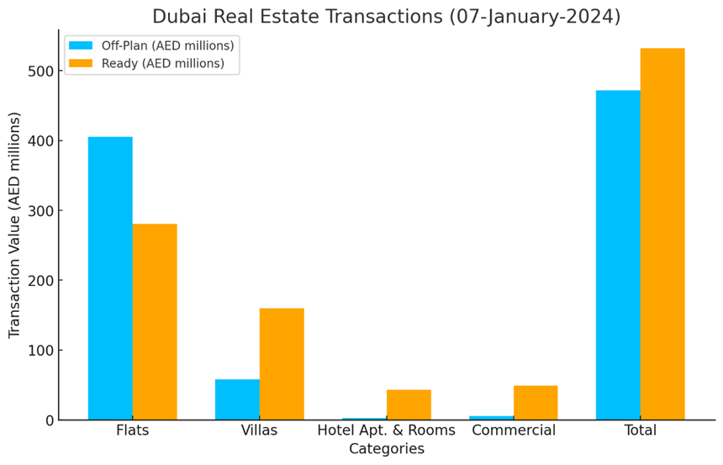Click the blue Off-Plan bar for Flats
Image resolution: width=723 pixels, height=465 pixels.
(x=110, y=277)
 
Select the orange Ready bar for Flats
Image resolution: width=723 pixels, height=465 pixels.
(x=155, y=321)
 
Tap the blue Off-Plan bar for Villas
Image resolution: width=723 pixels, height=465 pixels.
(x=237, y=399)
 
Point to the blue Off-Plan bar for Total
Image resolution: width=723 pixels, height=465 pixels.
(x=618, y=255)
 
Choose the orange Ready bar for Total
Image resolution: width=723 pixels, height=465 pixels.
(x=662, y=234)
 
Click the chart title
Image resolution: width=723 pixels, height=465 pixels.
(x=386, y=17)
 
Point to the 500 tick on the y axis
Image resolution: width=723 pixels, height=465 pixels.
(x=39, y=71)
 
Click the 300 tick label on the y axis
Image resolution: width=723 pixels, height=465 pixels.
(x=39, y=211)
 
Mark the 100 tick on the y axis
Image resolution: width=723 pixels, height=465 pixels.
(x=39, y=351)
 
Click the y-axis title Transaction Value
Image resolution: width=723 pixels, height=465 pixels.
(x=14, y=225)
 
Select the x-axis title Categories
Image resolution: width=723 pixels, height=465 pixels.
(x=386, y=450)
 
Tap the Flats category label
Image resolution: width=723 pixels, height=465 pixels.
(x=133, y=431)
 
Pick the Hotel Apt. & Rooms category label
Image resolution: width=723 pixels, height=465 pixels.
(x=386, y=431)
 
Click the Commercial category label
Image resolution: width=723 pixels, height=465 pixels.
(x=514, y=431)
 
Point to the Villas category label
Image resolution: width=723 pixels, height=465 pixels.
(x=259, y=431)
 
